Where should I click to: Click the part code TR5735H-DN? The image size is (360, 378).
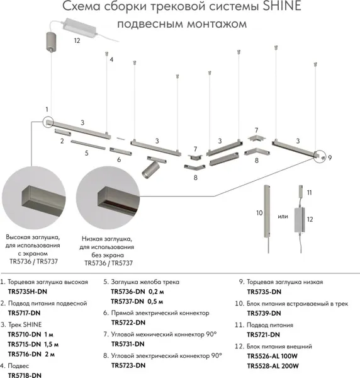(x=28, y=292)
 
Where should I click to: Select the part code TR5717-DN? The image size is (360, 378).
(x=24, y=313)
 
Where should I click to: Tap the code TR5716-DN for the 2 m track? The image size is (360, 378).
(x=25, y=354)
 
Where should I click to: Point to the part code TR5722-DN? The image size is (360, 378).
(x=128, y=323)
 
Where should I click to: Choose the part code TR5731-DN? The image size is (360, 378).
(x=128, y=344)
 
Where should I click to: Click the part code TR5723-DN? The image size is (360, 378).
(x=128, y=365)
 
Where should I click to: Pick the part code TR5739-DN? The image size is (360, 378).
(x=264, y=313)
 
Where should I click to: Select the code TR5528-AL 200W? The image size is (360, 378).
(x=273, y=366)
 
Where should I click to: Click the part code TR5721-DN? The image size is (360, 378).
(x=264, y=335)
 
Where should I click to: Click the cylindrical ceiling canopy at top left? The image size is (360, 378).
(x=51, y=42)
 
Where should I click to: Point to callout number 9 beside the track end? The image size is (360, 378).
(x=330, y=158)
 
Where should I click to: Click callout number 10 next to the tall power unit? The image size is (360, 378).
(x=259, y=213)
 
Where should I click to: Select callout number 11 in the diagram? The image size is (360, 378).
(x=309, y=193)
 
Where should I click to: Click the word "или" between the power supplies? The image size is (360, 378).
(x=283, y=216)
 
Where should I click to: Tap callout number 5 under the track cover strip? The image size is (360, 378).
(x=86, y=153)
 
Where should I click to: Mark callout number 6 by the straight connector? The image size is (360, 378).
(x=119, y=159)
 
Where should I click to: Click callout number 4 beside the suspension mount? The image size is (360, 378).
(x=111, y=60)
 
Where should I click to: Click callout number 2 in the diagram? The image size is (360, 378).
(x=62, y=141)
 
